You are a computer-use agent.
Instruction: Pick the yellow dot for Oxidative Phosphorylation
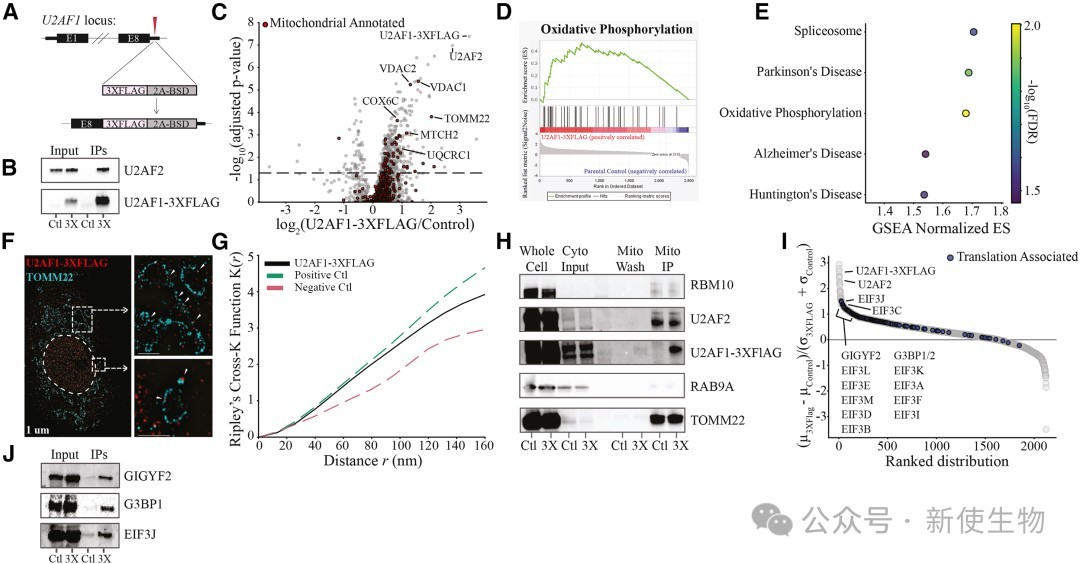coord(966,113)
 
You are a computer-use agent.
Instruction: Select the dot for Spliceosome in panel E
coord(974,32)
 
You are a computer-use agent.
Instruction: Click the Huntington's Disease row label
coord(780,194)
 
